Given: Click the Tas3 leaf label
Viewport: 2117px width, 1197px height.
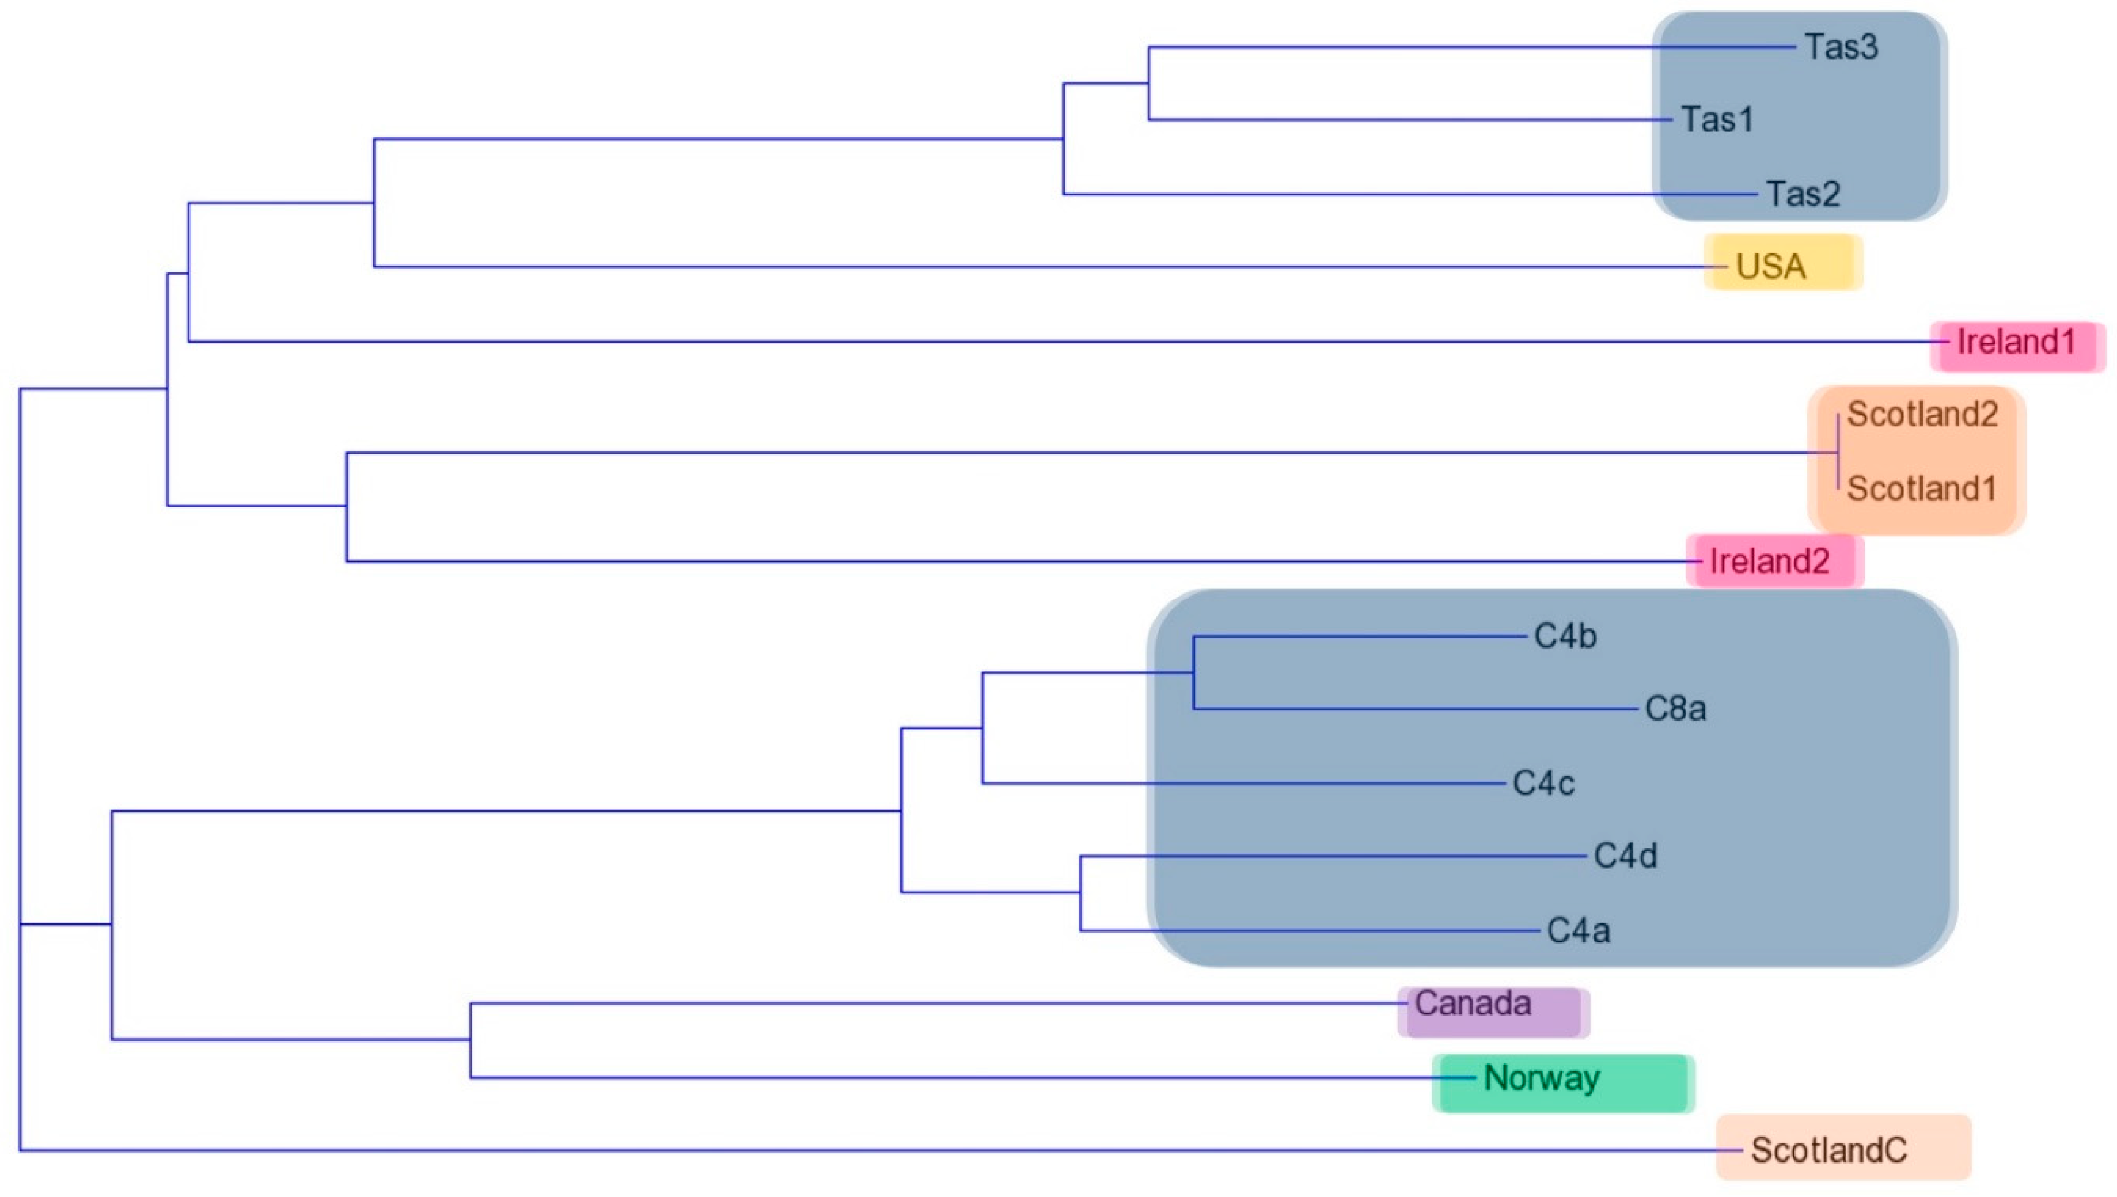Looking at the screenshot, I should pos(1841,47).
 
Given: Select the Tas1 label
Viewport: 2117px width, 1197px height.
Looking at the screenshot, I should pos(1717,120).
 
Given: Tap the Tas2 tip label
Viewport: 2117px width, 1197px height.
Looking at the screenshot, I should pos(1803,195).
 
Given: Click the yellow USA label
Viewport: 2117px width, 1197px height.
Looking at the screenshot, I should pos(1771,266).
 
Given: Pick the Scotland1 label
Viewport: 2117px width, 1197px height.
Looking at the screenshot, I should pos(1921,489).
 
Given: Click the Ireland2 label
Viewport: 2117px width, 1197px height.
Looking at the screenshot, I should pos(1769,562).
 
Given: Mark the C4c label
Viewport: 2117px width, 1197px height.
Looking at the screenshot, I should pos(1544,783).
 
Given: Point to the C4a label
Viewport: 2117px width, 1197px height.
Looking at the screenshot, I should pos(1579,931).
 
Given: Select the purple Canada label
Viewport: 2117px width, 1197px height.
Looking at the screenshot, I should pos(1473,1004).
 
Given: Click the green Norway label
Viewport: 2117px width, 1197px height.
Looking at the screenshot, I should pos(1542,1078).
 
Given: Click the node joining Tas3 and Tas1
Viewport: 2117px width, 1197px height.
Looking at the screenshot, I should pos(1149,83).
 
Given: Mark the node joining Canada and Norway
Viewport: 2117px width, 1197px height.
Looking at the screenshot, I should pos(470,1040).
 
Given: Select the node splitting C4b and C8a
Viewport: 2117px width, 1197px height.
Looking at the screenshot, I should pos(1193,672).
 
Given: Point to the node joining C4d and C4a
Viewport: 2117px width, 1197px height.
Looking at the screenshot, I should pos(1081,893).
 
